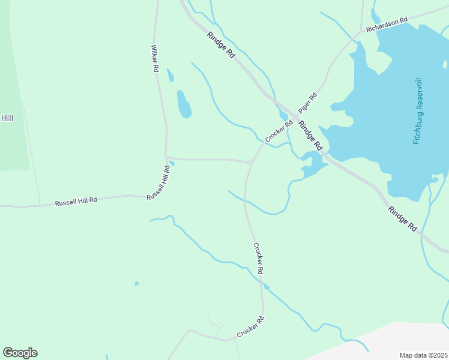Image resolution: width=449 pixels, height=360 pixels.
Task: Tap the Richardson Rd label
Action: (x=387, y=24)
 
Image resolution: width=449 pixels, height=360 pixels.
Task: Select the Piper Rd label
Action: (x=307, y=102)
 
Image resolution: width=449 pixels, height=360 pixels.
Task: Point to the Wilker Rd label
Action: (x=155, y=59)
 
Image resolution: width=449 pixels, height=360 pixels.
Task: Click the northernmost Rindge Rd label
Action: (x=221, y=44)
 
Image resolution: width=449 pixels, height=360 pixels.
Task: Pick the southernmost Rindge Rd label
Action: (x=402, y=219)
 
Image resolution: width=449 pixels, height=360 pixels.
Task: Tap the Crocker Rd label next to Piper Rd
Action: (x=279, y=132)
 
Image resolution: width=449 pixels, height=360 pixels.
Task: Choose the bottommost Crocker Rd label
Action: (x=250, y=327)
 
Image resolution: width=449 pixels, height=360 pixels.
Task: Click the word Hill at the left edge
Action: (x=7, y=118)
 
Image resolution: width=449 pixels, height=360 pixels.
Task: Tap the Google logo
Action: (x=20, y=353)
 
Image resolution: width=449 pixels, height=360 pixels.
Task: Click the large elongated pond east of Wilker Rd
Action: (x=184, y=104)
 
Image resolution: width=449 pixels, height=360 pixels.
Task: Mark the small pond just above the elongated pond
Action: (x=170, y=76)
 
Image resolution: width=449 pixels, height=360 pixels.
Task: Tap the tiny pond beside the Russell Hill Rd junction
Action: (x=172, y=163)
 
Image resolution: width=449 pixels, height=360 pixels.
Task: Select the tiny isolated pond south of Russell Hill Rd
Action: (x=137, y=283)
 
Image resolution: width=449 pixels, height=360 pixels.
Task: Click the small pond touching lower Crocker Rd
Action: (x=266, y=287)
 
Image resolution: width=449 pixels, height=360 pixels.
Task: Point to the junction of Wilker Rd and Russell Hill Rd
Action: (x=166, y=158)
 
